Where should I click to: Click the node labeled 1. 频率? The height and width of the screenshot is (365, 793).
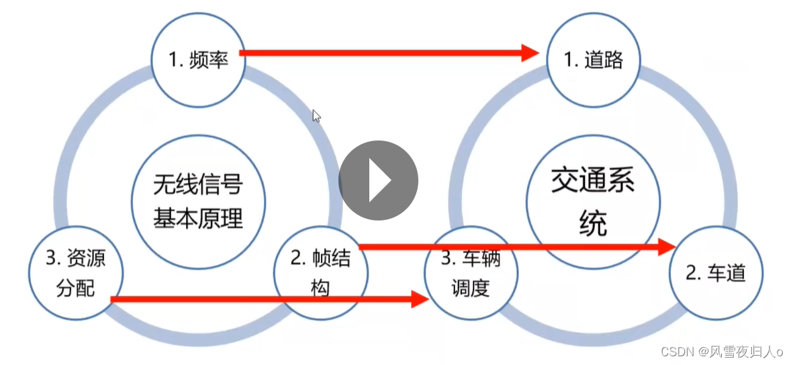[x=198, y=60]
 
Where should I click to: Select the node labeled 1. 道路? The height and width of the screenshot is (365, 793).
[x=594, y=60]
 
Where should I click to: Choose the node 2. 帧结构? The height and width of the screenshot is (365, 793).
[x=321, y=272]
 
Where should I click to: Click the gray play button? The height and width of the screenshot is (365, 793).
[x=378, y=180]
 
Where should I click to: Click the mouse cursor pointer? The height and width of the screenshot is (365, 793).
[x=316, y=116]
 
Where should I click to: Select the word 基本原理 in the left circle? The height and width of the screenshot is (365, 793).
[x=198, y=218]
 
